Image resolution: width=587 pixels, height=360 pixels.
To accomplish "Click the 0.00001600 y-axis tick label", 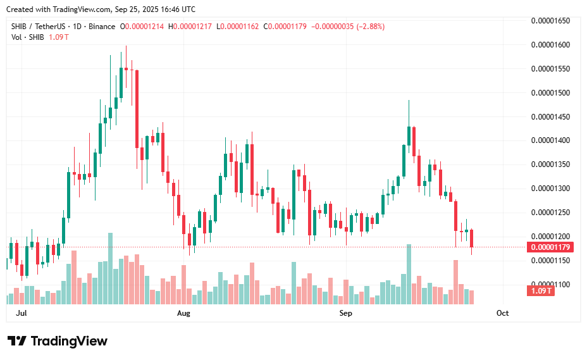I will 550,45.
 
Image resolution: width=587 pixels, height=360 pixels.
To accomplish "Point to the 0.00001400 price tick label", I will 550,140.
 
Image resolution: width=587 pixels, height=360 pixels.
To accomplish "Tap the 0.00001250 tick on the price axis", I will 550,212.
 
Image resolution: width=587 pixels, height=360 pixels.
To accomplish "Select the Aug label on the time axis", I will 183,313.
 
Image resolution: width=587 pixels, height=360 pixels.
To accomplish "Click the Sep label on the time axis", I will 345,313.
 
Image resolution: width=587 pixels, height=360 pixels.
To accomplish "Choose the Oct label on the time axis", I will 503,313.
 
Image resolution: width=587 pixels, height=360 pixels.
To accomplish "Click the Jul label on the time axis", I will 21,313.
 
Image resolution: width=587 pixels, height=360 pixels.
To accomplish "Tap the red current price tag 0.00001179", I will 550,247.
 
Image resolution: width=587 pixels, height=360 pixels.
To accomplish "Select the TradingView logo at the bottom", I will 58,341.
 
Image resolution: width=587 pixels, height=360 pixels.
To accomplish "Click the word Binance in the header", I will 101,27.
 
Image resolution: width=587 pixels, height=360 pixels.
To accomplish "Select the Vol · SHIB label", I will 27,37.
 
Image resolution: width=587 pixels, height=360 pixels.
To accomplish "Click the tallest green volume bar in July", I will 110,269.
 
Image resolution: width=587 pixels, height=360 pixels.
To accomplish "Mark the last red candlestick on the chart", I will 472,239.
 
